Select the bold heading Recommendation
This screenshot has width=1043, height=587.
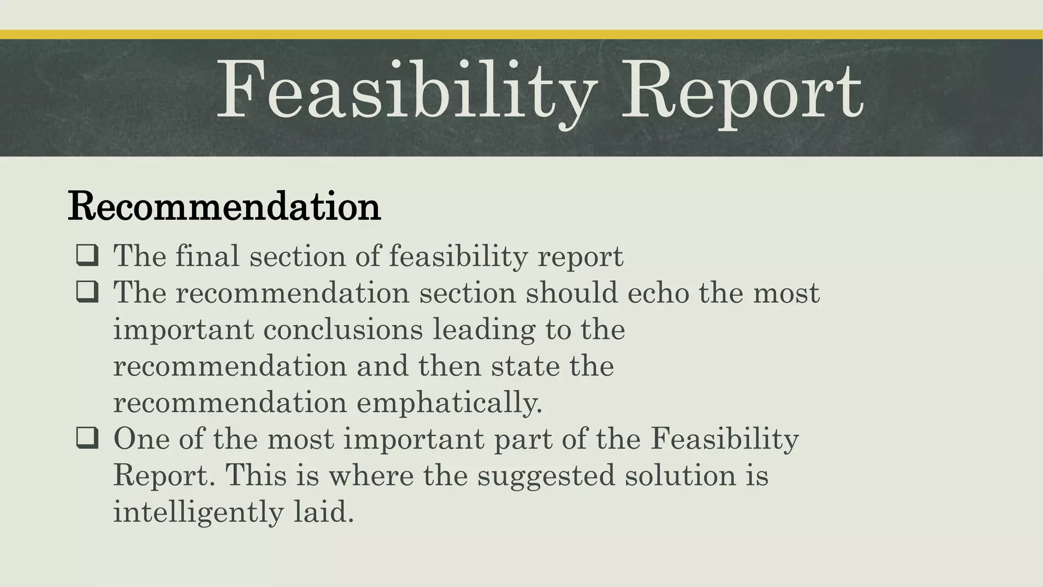click(224, 206)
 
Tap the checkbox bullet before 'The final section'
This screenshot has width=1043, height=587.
click(87, 255)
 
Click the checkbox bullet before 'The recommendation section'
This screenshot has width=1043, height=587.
click(87, 292)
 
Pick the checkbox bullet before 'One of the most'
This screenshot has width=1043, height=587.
click(87, 438)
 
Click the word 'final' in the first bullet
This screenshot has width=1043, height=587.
click(207, 255)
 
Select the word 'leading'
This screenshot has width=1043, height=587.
click(484, 330)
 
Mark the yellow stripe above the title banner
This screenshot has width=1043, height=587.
click(521, 34)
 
